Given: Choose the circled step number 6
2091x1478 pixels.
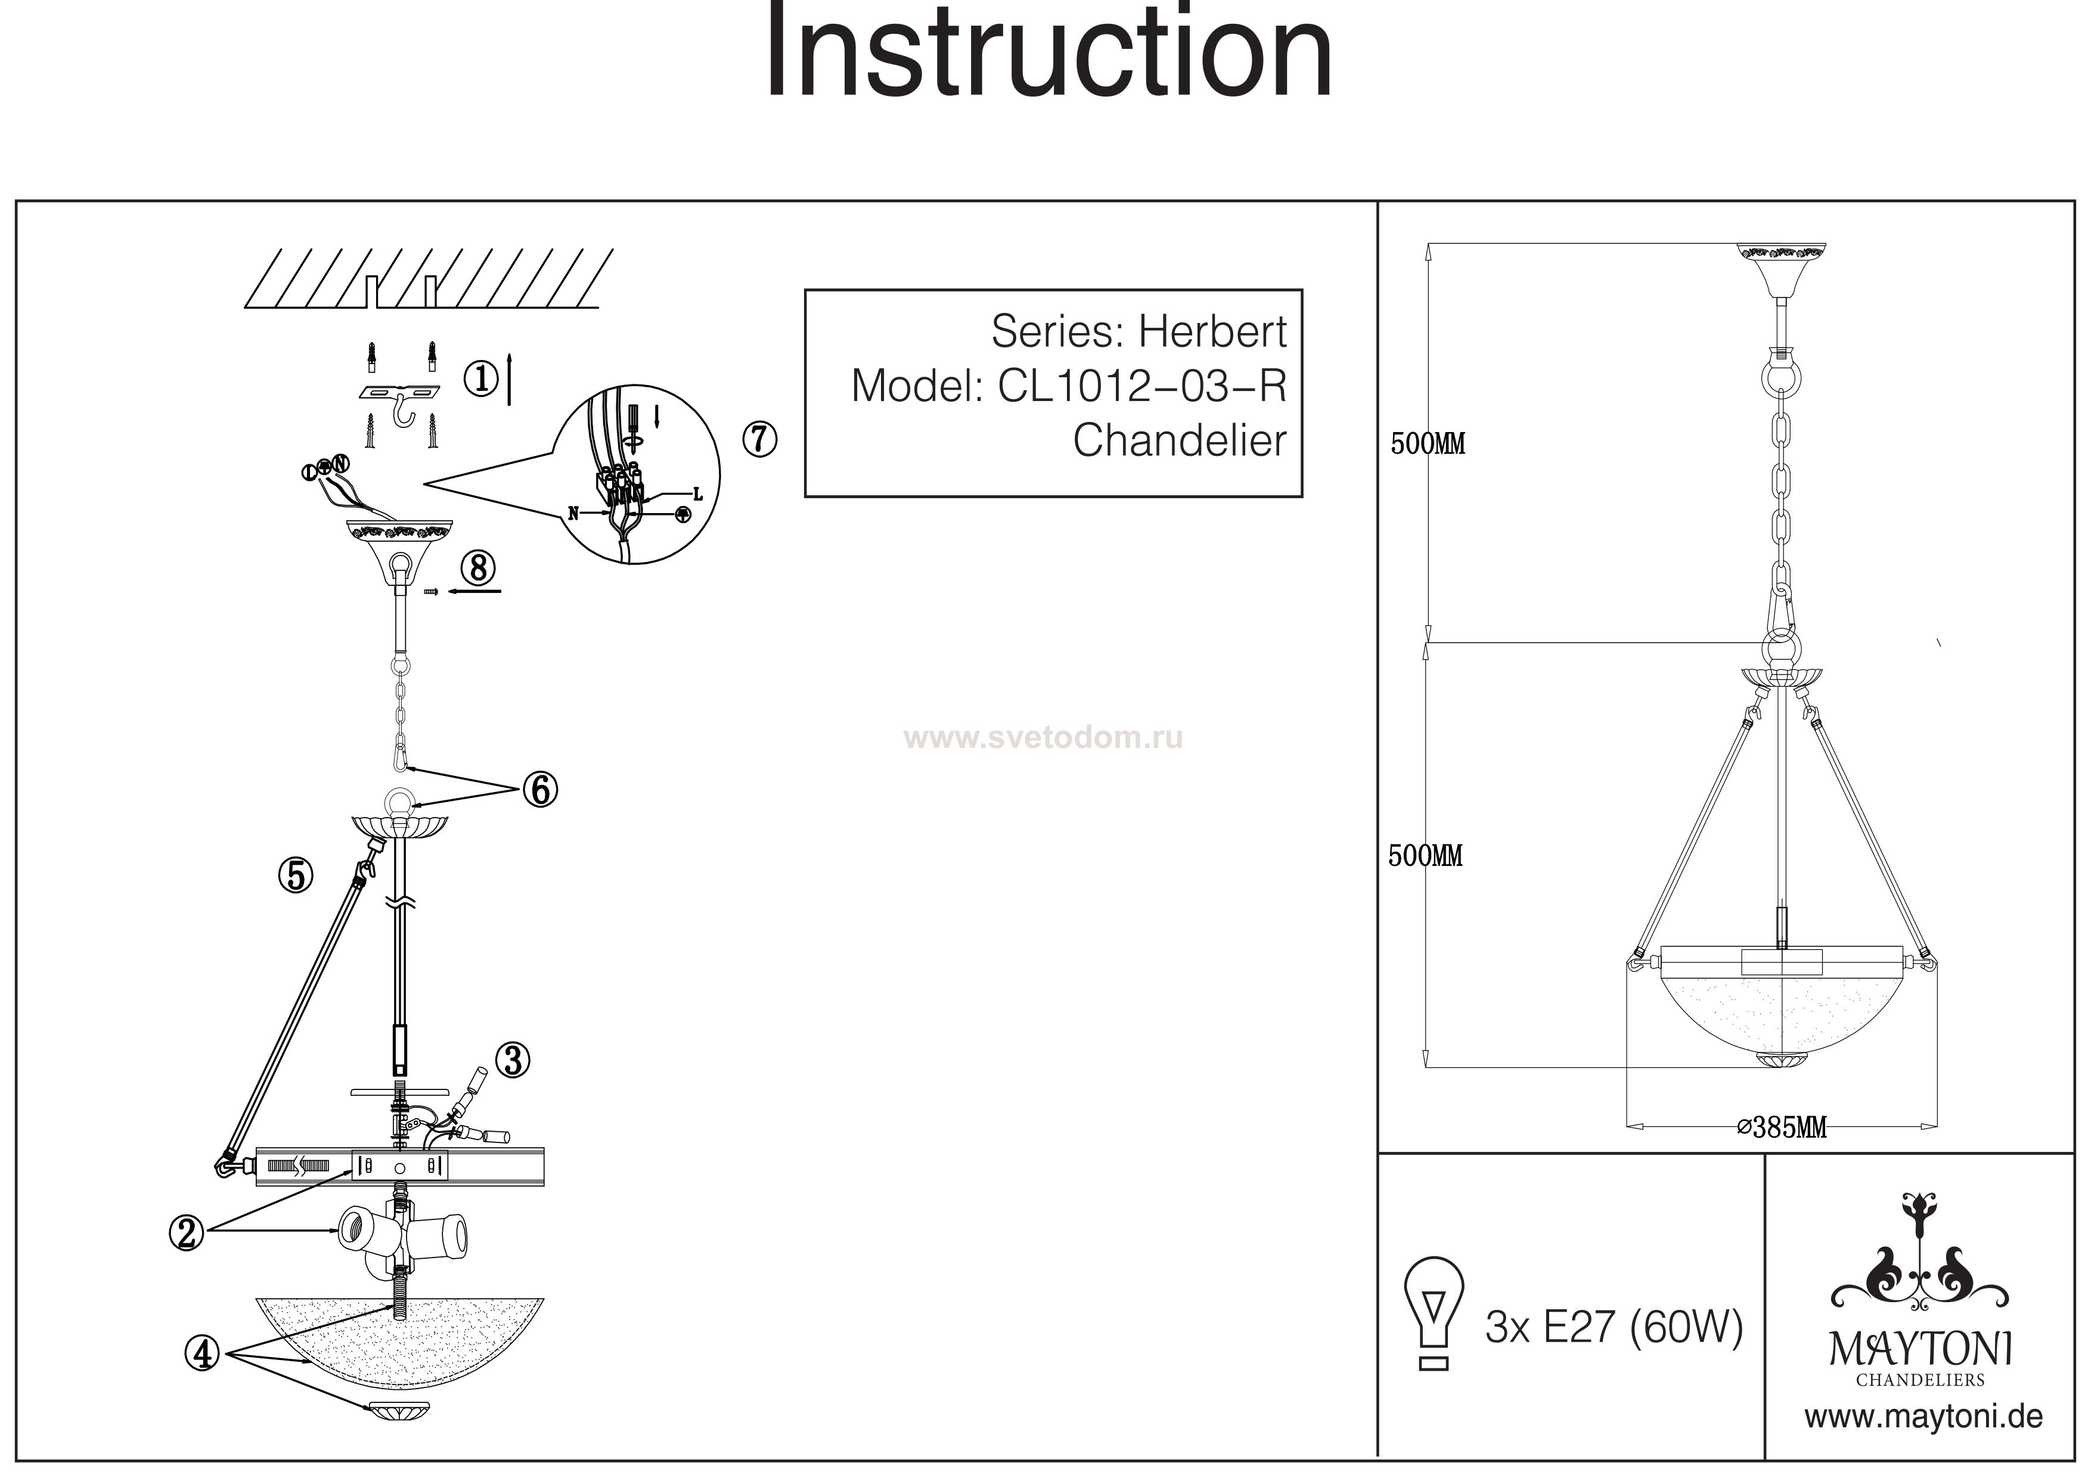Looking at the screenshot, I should pos(540,790).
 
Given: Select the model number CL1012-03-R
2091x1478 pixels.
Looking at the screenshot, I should pos(1142,386).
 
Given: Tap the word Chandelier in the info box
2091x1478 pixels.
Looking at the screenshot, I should pos(1180,441).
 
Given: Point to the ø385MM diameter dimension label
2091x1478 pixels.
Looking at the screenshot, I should pos(1782,1128).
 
